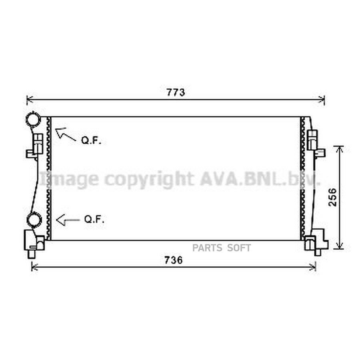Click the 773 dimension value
click(176, 92)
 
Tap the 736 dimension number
click(173, 260)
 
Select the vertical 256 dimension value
click(333, 198)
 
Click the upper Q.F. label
click(91, 140)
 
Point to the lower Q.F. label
click(94, 219)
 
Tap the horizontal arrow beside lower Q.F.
click(68, 220)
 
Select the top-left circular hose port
click(33, 119)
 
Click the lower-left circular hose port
click(34, 220)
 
